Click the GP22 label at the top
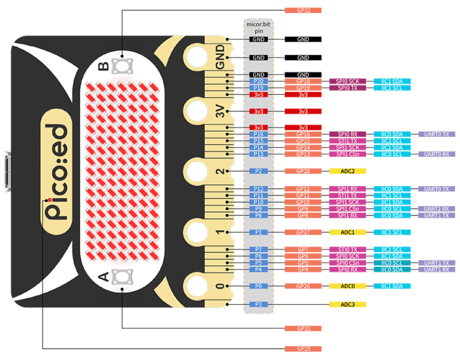[303, 10]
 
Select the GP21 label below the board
[303, 328]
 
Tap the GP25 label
[303, 349]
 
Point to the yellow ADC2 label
[347, 171]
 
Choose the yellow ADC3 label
[347, 305]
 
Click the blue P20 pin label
[258, 81]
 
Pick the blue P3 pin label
[258, 305]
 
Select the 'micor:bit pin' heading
[258, 28]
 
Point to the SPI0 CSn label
[347, 263]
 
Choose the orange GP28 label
[303, 171]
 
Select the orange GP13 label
[303, 154]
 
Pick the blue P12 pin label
[258, 189]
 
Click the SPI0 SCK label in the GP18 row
[347, 81]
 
